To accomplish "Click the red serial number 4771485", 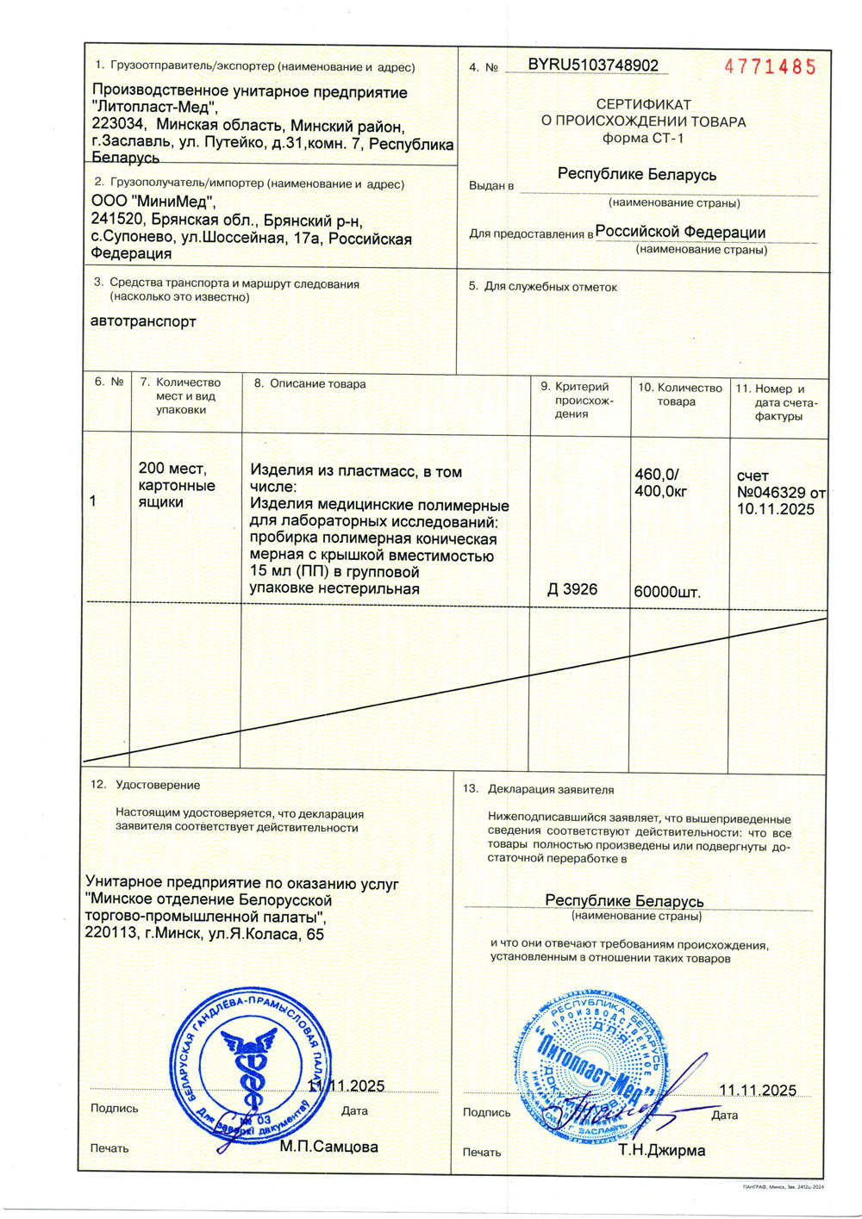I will [x=770, y=67].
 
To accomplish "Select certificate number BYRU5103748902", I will [x=593, y=65].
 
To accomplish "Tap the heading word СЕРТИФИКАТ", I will [x=643, y=104].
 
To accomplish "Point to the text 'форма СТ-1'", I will [x=643, y=138].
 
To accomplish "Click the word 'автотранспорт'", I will [x=143, y=321].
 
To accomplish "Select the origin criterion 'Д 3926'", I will [x=572, y=589].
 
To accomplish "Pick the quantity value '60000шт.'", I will [x=667, y=592].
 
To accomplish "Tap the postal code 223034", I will [x=119, y=124].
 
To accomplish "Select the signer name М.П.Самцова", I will [x=328, y=1147].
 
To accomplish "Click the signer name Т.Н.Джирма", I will [x=661, y=1150].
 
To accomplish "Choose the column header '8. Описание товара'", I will [x=309, y=384].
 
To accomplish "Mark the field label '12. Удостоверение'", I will [x=145, y=785].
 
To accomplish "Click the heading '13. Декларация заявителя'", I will [x=538, y=789].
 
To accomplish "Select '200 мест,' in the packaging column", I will [x=172, y=469].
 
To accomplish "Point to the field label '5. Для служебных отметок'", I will [x=542, y=287].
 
